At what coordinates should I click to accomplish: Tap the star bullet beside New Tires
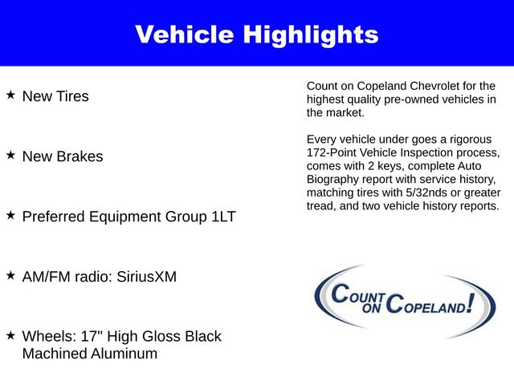pyautogui.click(x=10, y=95)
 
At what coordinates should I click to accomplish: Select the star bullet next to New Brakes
pyautogui.click(x=10, y=155)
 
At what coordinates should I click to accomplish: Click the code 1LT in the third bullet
pyautogui.click(x=221, y=217)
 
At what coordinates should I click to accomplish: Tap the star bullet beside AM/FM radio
pyautogui.click(x=10, y=275)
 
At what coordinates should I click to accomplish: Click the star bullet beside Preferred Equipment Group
pyautogui.click(x=10, y=215)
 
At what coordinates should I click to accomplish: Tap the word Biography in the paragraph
pyautogui.click(x=335, y=180)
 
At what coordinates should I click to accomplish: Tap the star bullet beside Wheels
pyautogui.click(x=10, y=334)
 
